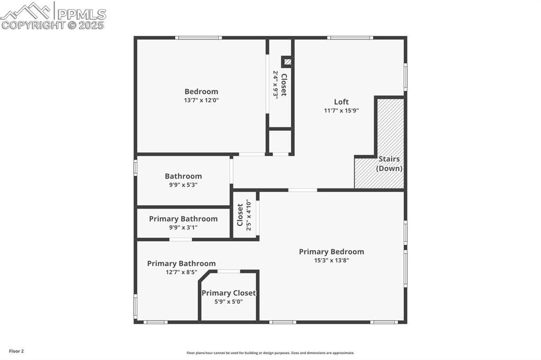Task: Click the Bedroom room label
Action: [x=201, y=91]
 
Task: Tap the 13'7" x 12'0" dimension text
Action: [x=201, y=100]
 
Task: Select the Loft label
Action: [x=341, y=102]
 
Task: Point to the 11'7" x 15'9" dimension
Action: [x=341, y=110]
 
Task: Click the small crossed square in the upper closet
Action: [x=287, y=62]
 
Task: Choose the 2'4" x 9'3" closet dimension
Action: [x=275, y=84]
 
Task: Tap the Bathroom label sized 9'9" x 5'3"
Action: [x=183, y=176]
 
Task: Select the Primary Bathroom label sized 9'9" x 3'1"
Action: [x=183, y=219]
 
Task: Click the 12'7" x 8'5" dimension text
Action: [x=181, y=272]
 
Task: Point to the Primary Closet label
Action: [x=229, y=293]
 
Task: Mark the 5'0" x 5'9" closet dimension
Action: [x=229, y=301]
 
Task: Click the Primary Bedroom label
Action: [x=331, y=252]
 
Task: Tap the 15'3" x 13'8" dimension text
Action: [x=331, y=260]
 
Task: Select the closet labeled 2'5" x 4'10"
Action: [x=244, y=215]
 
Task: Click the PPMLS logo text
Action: [x=81, y=14]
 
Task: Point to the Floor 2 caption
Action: [x=16, y=351]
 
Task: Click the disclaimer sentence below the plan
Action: [x=270, y=353]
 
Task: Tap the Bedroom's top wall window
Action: [x=198, y=37]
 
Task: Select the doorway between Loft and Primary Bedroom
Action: [x=303, y=190]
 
